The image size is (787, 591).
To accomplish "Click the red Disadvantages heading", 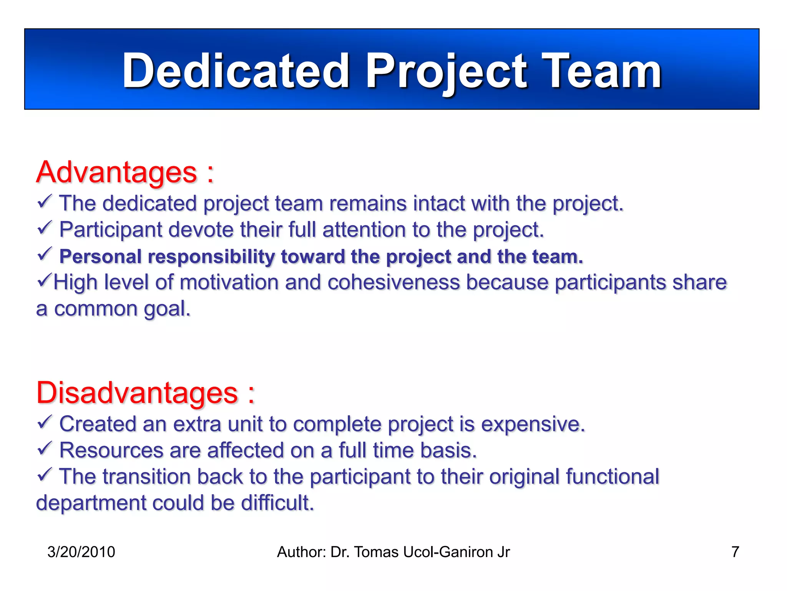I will click(137, 393).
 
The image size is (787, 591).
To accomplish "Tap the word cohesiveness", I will click(393, 282).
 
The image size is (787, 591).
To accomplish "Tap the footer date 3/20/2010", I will click(81, 552).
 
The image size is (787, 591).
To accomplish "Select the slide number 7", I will click(735, 552).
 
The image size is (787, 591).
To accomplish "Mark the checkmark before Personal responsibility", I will click(45, 254).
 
